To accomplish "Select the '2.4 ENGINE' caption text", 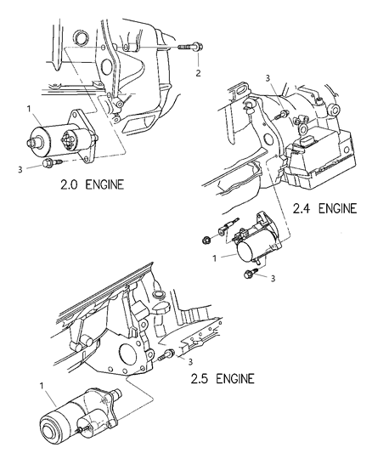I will click(x=324, y=232).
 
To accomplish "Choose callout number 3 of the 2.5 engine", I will click(x=181, y=360).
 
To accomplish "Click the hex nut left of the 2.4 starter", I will click(x=207, y=241).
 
